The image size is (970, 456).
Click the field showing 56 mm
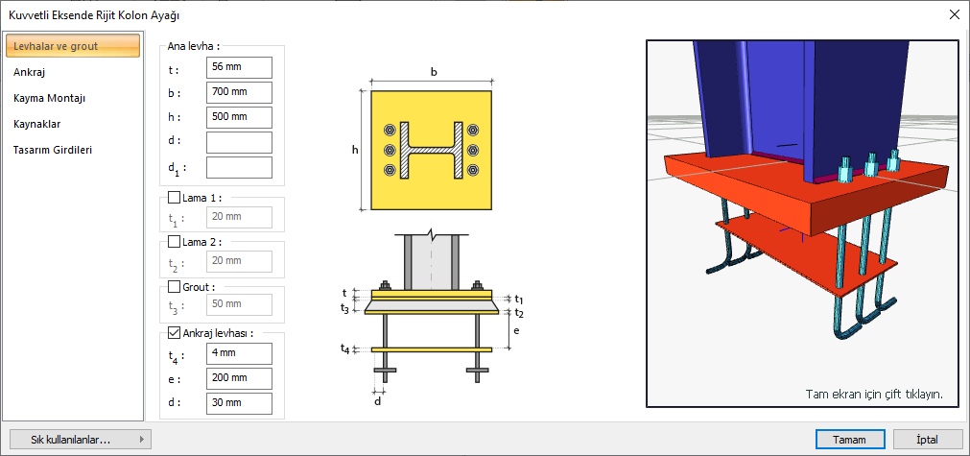click(x=239, y=67)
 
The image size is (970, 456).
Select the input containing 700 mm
click(x=239, y=92)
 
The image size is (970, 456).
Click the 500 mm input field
click(x=239, y=117)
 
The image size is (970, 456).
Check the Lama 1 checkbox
click(x=175, y=198)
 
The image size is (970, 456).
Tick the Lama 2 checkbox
click(x=175, y=242)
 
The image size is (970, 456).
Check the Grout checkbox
click(x=175, y=287)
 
